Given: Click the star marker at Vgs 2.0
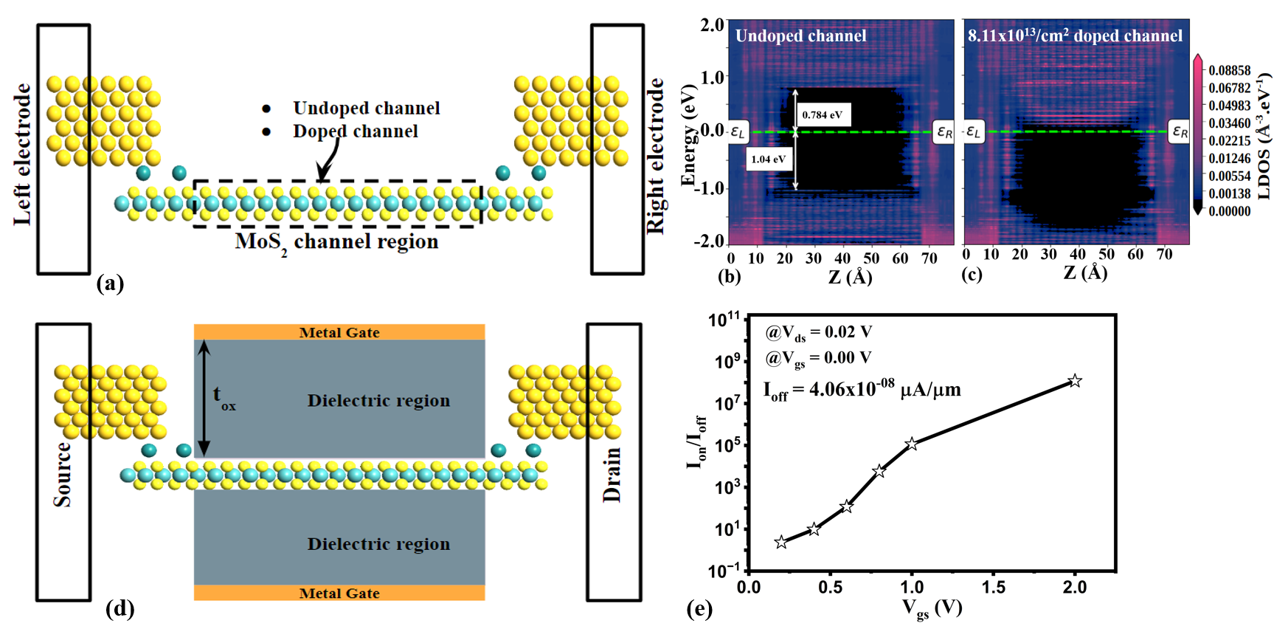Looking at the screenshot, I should (x=1075, y=381).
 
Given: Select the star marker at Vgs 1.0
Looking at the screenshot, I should (x=912, y=444).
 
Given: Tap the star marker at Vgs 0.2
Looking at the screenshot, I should (x=781, y=542).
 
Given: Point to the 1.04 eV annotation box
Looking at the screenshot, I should (x=768, y=159).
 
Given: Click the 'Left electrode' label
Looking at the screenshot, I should (x=23, y=154).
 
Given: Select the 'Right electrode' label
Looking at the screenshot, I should (x=656, y=156).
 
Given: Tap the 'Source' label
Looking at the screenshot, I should (x=63, y=475).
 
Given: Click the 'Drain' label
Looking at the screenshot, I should (x=612, y=475).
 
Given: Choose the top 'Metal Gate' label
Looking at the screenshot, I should (x=339, y=333).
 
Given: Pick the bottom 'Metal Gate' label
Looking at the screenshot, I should (x=339, y=594).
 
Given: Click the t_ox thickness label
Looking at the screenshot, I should (x=224, y=397).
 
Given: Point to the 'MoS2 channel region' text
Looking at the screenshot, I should (x=336, y=242).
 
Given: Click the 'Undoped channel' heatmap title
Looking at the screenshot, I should (x=800, y=35).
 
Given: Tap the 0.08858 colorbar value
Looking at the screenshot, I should (x=1229, y=70).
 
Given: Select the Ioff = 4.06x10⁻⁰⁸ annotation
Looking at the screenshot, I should (x=862, y=389).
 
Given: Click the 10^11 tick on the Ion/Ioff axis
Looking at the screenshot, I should (x=724, y=320).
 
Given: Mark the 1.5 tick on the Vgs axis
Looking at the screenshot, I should (x=993, y=587).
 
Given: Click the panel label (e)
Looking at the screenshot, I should (x=699, y=609).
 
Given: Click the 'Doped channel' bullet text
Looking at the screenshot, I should (x=355, y=131).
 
